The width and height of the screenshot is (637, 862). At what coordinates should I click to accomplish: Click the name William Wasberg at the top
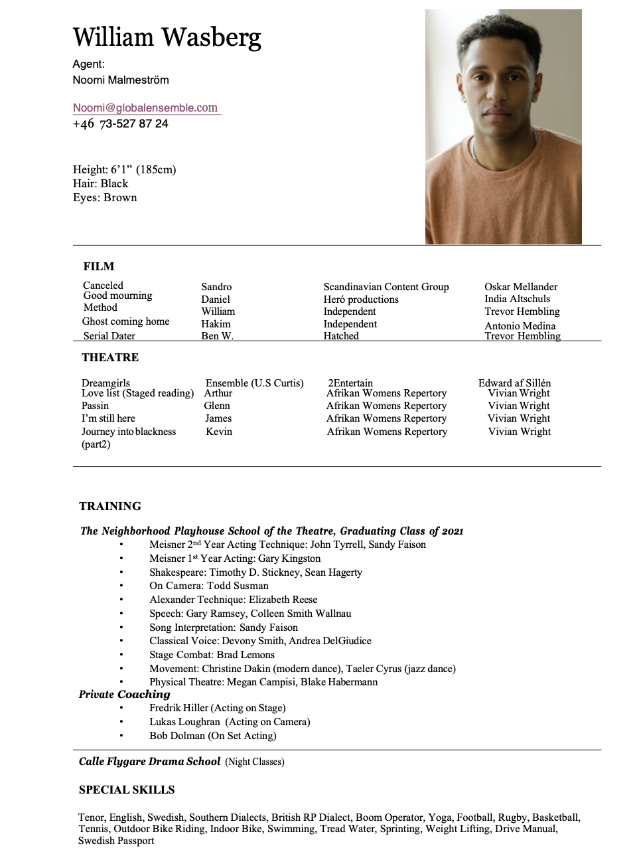click(167, 37)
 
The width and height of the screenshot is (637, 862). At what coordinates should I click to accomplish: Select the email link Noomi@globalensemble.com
click(145, 108)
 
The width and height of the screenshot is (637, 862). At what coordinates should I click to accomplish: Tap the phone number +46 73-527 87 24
click(120, 124)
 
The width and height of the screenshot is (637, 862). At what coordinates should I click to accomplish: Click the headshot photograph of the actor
click(503, 126)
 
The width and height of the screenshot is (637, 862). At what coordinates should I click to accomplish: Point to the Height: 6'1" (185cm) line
click(125, 169)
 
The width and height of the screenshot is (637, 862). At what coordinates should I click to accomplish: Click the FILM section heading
click(99, 266)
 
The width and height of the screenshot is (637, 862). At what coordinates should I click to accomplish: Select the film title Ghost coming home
click(125, 321)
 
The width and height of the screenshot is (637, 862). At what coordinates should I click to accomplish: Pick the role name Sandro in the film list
click(216, 287)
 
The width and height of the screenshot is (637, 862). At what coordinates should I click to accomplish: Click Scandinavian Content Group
click(386, 287)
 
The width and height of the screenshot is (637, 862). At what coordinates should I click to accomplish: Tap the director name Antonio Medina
click(520, 325)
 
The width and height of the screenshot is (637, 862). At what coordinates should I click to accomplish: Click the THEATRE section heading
click(110, 357)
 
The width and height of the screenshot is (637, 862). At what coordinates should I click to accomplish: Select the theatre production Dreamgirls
click(106, 383)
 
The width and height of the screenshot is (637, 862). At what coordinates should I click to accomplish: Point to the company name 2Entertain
click(350, 383)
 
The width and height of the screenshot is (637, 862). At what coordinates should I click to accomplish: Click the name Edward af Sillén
click(514, 383)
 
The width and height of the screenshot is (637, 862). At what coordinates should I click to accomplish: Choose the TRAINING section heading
click(110, 506)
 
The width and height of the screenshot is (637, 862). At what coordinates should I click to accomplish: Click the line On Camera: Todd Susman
click(208, 586)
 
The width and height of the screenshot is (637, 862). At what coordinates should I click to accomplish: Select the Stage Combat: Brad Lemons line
click(212, 655)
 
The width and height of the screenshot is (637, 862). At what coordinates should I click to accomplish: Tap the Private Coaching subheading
click(125, 695)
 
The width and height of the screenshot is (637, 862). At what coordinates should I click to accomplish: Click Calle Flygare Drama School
click(149, 762)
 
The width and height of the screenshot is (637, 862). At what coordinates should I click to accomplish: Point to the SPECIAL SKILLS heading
click(127, 790)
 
